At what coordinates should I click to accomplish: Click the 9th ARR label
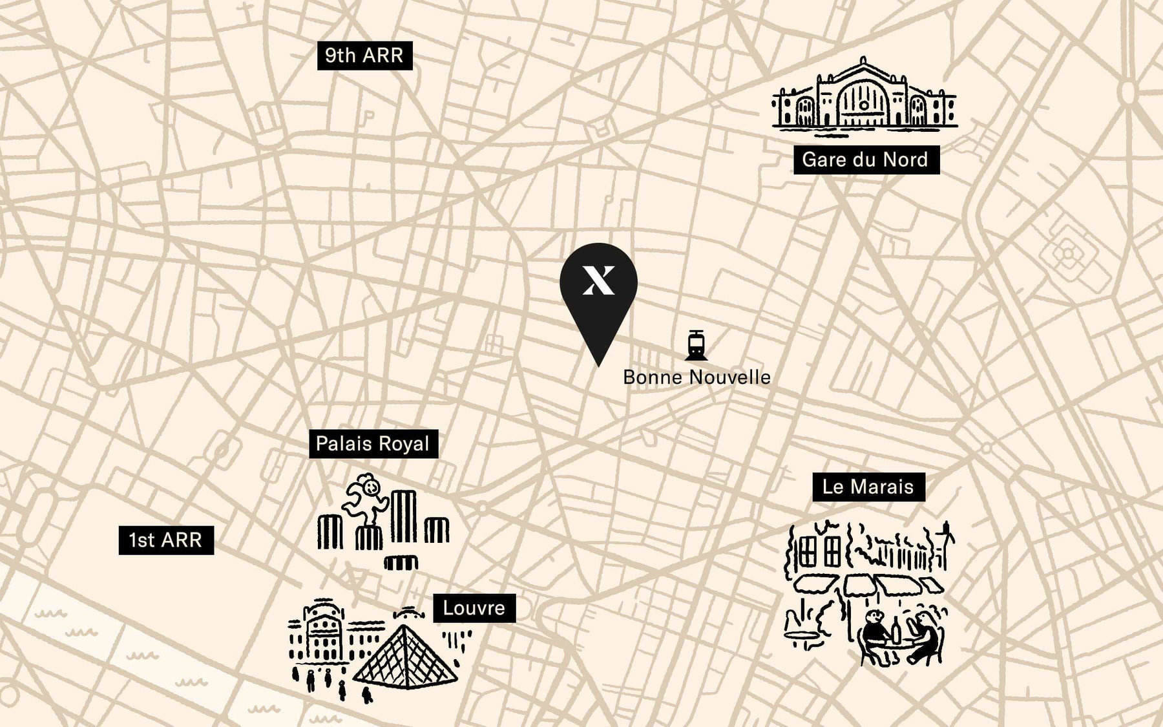[x=364, y=56]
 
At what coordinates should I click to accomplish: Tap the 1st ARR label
[x=166, y=540]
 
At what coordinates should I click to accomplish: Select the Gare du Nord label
[x=866, y=160]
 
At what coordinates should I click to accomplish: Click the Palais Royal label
[x=373, y=444]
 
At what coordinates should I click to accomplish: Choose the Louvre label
[x=474, y=608]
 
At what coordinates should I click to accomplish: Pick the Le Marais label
[x=868, y=487]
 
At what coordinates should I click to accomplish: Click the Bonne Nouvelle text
[x=697, y=377]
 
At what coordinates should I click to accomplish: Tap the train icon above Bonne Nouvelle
[x=696, y=345]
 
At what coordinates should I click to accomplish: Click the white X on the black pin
[x=599, y=280]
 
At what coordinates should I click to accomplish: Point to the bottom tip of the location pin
[x=599, y=365]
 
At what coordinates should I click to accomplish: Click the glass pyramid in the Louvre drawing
[x=405, y=659]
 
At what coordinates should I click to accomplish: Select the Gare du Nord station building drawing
[x=864, y=97]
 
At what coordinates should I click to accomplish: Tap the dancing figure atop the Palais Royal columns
[x=365, y=498]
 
